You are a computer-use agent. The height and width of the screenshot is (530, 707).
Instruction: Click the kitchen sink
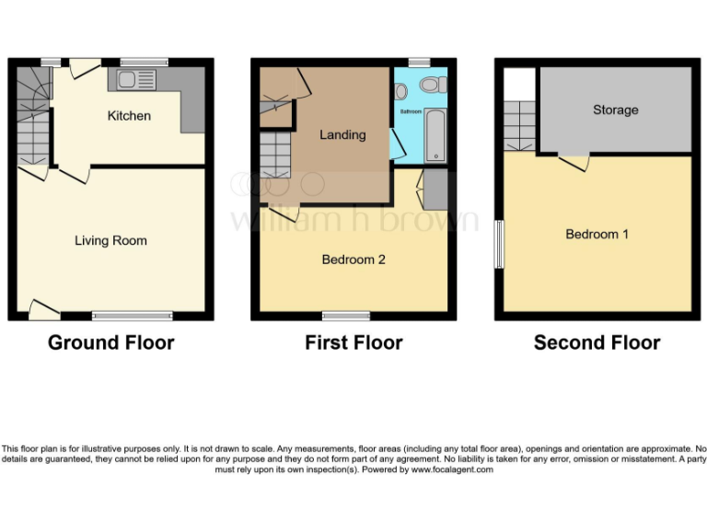pos(132,79)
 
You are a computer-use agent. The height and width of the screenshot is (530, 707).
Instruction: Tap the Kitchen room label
pos(129,116)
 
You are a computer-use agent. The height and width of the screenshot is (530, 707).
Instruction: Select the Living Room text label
pos(110,241)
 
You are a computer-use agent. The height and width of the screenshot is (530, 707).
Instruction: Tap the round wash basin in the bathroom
pos(401,91)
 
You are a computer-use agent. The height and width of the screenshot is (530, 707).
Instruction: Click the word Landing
pos(342,134)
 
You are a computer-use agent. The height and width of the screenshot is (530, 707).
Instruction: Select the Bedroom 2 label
pos(353,259)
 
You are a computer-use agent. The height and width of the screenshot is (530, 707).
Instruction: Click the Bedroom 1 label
pos(597,234)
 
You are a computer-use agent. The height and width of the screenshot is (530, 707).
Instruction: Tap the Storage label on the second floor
pos(615,109)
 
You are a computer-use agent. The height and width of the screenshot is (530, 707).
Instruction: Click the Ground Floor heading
pos(110,343)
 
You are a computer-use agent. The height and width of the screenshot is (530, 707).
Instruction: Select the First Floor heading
pos(353,343)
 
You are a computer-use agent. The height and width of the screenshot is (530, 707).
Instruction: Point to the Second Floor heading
pos(597,343)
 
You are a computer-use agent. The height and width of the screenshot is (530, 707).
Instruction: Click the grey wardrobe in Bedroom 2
pos(435,190)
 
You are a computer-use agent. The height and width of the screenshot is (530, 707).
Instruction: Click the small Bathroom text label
pos(410,111)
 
